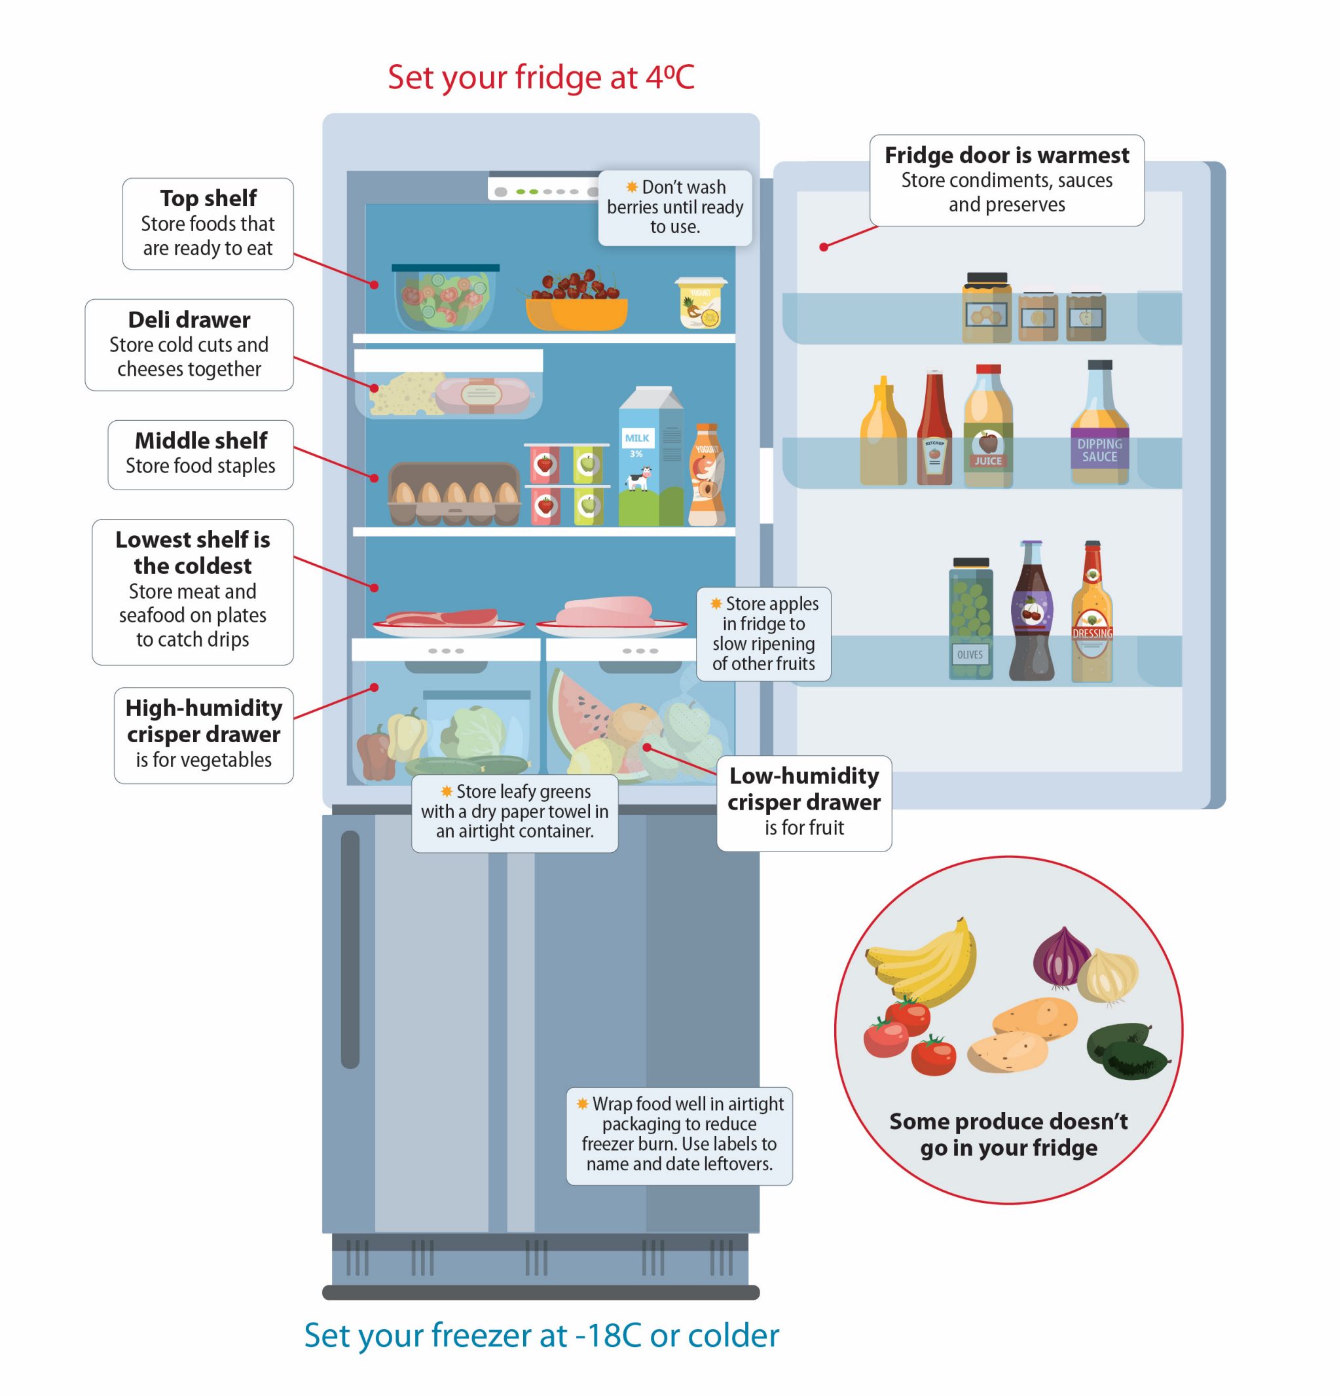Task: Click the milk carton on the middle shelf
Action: pos(650,459)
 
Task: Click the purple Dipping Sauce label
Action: pos(1099,450)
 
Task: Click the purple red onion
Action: pos(1059,958)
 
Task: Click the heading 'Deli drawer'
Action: pos(189,320)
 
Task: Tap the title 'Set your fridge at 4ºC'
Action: pos(541,77)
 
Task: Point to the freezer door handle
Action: pos(350,950)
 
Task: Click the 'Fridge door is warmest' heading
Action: pos(1006,155)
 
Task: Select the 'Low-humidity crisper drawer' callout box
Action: pos(803,802)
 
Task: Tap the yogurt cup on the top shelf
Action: pos(701,303)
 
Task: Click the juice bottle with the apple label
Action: pos(987,427)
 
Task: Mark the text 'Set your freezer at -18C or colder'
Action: pos(542,1334)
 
